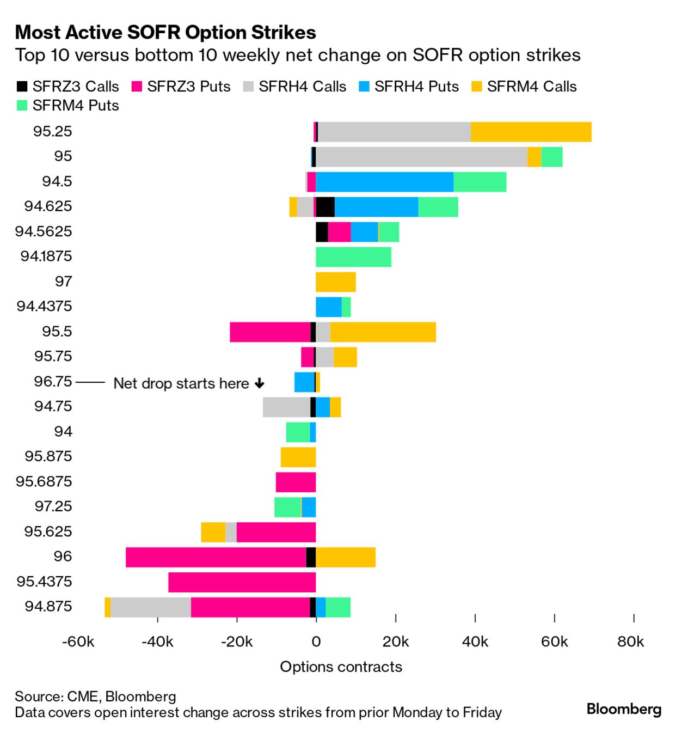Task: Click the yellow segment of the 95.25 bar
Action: (531, 132)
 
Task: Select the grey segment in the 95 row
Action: (421, 157)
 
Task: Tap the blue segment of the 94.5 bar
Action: (384, 182)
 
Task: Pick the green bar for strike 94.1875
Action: (353, 257)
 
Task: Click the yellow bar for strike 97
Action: (335, 282)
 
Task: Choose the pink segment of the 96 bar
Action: (216, 557)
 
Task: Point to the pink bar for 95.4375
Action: (242, 582)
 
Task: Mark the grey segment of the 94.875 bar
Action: (151, 607)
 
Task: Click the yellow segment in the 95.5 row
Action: (383, 332)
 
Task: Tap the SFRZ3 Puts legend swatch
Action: (137, 87)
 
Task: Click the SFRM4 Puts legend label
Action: (76, 106)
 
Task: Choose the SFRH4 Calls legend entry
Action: (302, 87)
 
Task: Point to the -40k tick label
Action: (157, 642)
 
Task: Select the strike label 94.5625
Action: (44, 231)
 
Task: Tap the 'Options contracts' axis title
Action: (341, 667)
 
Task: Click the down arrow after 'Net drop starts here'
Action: (260, 384)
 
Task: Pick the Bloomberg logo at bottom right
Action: (624, 709)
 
